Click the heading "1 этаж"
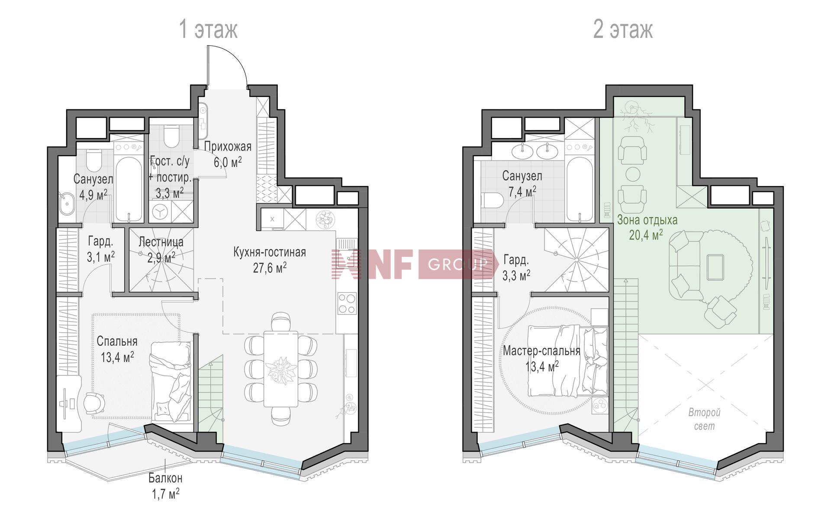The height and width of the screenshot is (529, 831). pyautogui.click(x=208, y=30)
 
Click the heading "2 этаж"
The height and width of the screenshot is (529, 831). pyautogui.click(x=623, y=30)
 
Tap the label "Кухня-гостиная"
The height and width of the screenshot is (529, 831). pyautogui.click(x=270, y=252)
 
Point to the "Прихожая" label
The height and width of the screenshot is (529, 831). pyautogui.click(x=228, y=147)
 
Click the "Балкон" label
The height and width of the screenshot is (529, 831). pyautogui.click(x=165, y=478)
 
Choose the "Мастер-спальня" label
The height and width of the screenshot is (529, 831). pyautogui.click(x=541, y=351)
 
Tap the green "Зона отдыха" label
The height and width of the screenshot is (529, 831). pyautogui.click(x=647, y=220)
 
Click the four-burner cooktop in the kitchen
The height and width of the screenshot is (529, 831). pyautogui.click(x=347, y=303)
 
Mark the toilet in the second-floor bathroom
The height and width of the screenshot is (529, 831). pyautogui.click(x=492, y=201)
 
